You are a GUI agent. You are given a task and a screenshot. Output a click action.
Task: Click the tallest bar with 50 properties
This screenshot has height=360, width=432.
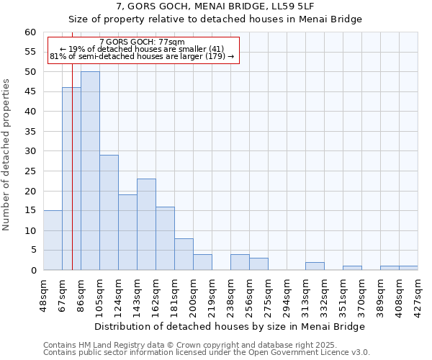90,171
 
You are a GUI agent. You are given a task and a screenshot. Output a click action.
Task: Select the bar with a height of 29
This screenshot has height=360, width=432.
109,212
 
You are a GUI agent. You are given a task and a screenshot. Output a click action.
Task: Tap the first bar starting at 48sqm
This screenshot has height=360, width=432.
53,240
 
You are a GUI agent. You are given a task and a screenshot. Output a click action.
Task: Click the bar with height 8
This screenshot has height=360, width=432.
184,254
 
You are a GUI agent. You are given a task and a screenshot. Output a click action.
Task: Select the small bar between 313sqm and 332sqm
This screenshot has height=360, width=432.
315,266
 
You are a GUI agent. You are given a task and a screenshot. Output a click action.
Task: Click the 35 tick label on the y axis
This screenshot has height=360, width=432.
30,132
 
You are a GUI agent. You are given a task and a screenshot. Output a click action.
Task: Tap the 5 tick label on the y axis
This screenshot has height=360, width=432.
32,251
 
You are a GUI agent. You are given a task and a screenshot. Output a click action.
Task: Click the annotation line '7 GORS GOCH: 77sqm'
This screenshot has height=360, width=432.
143,42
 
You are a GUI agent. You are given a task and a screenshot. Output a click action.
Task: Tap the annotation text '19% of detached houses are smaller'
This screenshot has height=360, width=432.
143,49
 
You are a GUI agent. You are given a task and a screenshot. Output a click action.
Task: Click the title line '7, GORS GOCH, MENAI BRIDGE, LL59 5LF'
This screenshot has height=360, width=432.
215,6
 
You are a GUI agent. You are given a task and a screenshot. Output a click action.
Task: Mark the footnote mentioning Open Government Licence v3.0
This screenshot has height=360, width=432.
207,353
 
